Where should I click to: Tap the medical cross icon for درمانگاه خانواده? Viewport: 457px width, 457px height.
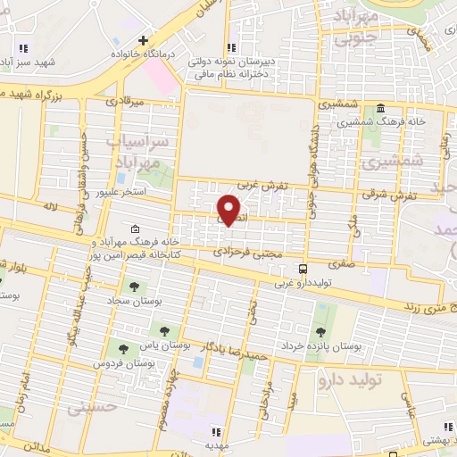point(143,41)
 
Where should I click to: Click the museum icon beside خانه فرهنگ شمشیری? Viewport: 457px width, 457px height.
point(381,107)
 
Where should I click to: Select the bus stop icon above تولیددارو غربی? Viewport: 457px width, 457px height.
point(305,268)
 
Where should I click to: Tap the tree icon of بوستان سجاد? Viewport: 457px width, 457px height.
point(134,287)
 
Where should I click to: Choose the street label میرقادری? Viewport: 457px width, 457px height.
point(125,104)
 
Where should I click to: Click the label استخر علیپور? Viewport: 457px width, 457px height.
point(127,191)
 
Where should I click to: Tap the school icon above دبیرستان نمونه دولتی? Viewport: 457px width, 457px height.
point(232,47)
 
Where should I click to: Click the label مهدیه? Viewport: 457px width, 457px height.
point(218,444)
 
